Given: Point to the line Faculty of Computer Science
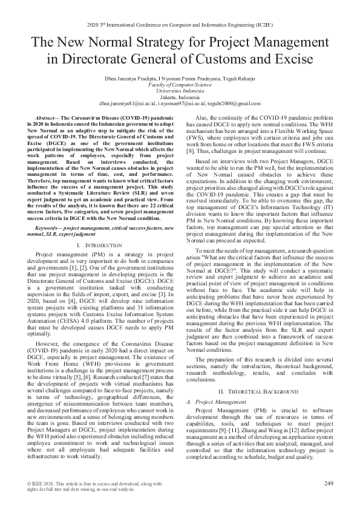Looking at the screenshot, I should point(180,85).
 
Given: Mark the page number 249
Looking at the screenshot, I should point(329,483).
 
